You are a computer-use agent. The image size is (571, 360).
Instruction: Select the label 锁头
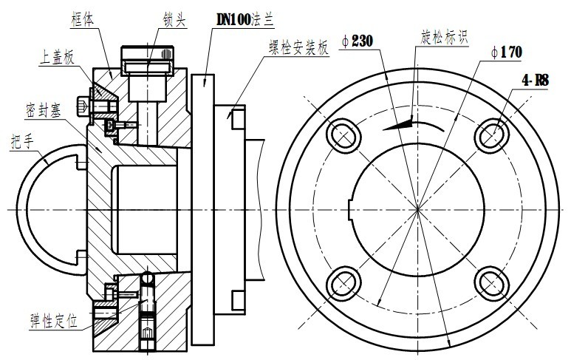click(174, 18)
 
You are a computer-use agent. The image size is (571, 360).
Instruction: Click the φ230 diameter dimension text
click(357, 43)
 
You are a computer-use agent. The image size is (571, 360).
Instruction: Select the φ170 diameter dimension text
click(507, 52)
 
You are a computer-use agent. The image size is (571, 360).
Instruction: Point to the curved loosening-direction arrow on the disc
click(406, 124)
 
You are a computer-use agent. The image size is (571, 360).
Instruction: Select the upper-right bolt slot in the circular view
click(491, 134)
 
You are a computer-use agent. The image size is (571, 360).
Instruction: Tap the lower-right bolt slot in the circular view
click(491, 282)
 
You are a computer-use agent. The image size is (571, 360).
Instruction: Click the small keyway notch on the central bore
click(352, 197)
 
